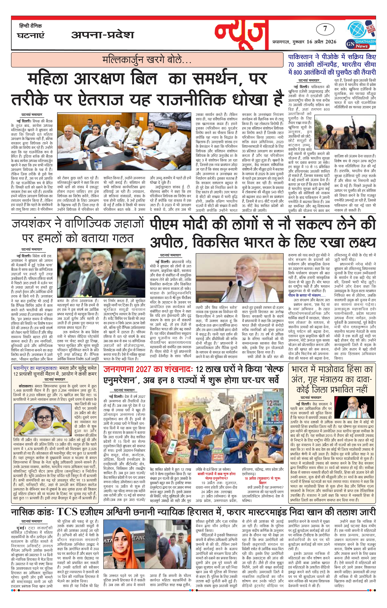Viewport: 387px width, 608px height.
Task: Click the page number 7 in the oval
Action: [x=325, y=29]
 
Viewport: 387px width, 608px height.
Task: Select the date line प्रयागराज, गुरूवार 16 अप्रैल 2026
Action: [x=304, y=42]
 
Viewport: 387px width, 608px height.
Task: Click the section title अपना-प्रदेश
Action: [x=102, y=35]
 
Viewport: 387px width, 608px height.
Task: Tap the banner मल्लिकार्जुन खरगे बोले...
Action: [x=147, y=60]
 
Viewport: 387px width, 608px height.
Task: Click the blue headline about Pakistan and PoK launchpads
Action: [x=332, y=64]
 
